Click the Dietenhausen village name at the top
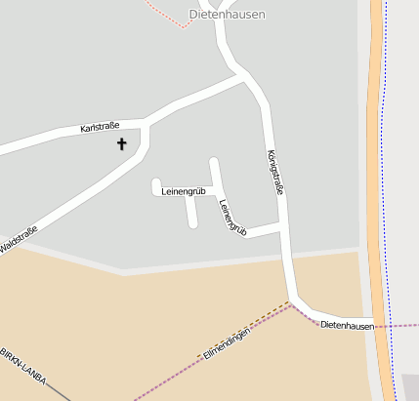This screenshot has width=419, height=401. [x=227, y=15]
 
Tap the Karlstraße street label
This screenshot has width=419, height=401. [x=100, y=127]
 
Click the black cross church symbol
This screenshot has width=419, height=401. [x=122, y=144]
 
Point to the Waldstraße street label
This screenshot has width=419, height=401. [x=19, y=239]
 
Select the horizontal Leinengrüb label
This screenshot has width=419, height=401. [x=183, y=191]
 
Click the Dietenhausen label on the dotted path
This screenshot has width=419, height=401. [x=347, y=324]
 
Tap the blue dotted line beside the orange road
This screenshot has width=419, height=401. [x=388, y=195]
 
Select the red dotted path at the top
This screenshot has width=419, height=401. [x=166, y=14]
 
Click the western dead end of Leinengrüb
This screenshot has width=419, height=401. [x=156, y=183]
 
